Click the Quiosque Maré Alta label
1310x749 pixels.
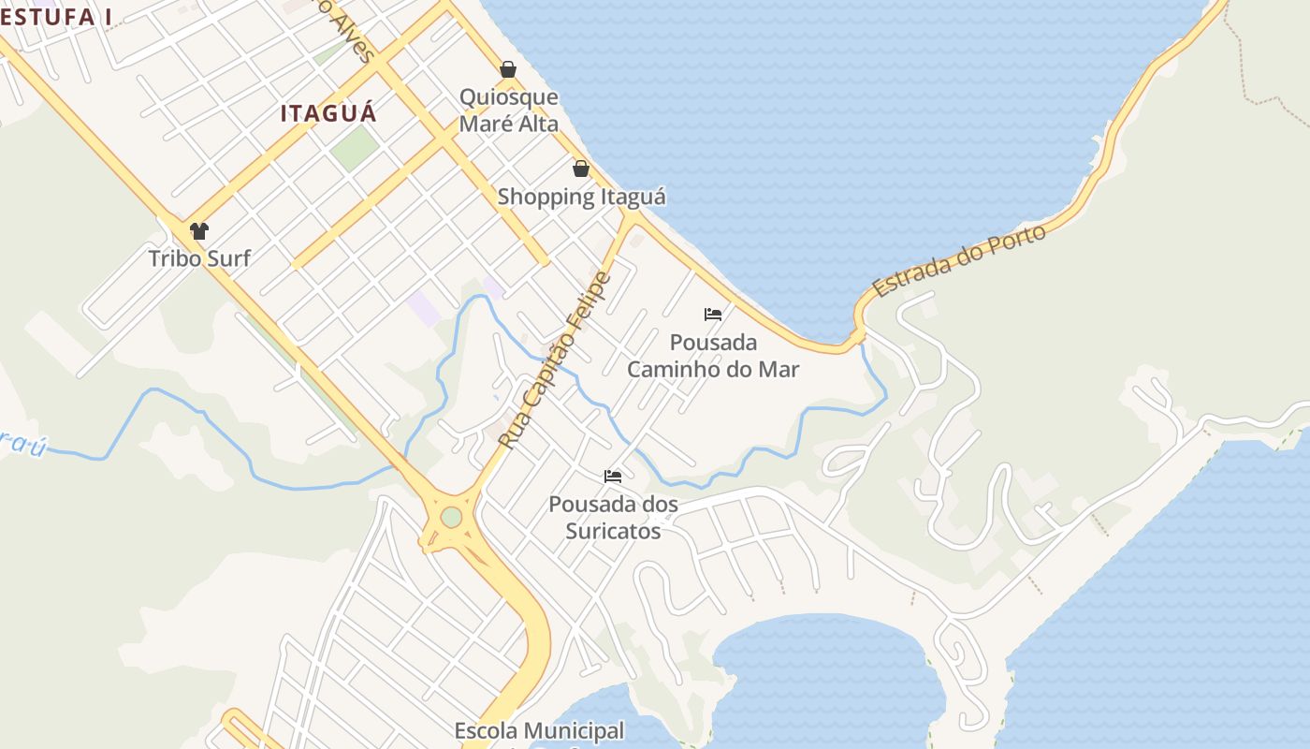(x=508, y=110)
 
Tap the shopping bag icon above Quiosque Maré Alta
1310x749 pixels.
(x=508, y=69)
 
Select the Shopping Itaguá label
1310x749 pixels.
(x=581, y=197)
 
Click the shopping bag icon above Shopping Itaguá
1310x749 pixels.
(x=581, y=169)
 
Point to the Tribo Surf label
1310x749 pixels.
(x=199, y=258)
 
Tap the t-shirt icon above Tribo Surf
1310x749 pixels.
(x=199, y=231)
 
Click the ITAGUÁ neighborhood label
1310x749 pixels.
(x=328, y=114)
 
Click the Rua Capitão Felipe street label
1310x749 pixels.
(x=554, y=360)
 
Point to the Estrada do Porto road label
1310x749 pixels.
(x=959, y=261)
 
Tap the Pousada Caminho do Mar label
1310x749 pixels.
(x=713, y=356)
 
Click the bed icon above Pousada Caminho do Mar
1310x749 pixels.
(x=713, y=315)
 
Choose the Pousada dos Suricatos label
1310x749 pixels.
(x=613, y=518)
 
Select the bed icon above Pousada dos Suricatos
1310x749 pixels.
(x=613, y=477)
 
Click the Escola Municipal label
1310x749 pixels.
(x=539, y=731)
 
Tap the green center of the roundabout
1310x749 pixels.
(x=451, y=517)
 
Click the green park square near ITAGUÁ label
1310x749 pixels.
(x=355, y=148)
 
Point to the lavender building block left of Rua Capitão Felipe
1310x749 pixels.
(x=424, y=307)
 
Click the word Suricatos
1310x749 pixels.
(x=613, y=531)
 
